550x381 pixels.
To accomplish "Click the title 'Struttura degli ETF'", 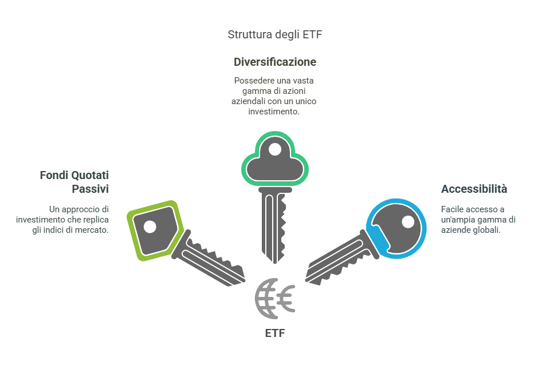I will pyautogui.click(x=275, y=35).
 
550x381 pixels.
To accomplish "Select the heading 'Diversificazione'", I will pyautogui.click(x=275, y=62).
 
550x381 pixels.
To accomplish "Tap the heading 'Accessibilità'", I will pyautogui.click(x=474, y=189).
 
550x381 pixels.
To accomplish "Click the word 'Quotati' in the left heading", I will pyautogui.click(x=90, y=175).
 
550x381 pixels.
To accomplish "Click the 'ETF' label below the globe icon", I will pyautogui.click(x=275, y=333).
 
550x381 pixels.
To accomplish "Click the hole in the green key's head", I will pyautogui.click(x=150, y=227).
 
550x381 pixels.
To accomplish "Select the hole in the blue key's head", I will pyautogui.click(x=408, y=221).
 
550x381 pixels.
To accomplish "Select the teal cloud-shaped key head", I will pyautogui.click(x=275, y=160).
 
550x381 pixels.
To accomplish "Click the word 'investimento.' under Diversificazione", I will pyautogui.click(x=274, y=112).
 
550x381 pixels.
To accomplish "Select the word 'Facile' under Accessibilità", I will pyautogui.click(x=452, y=209).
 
